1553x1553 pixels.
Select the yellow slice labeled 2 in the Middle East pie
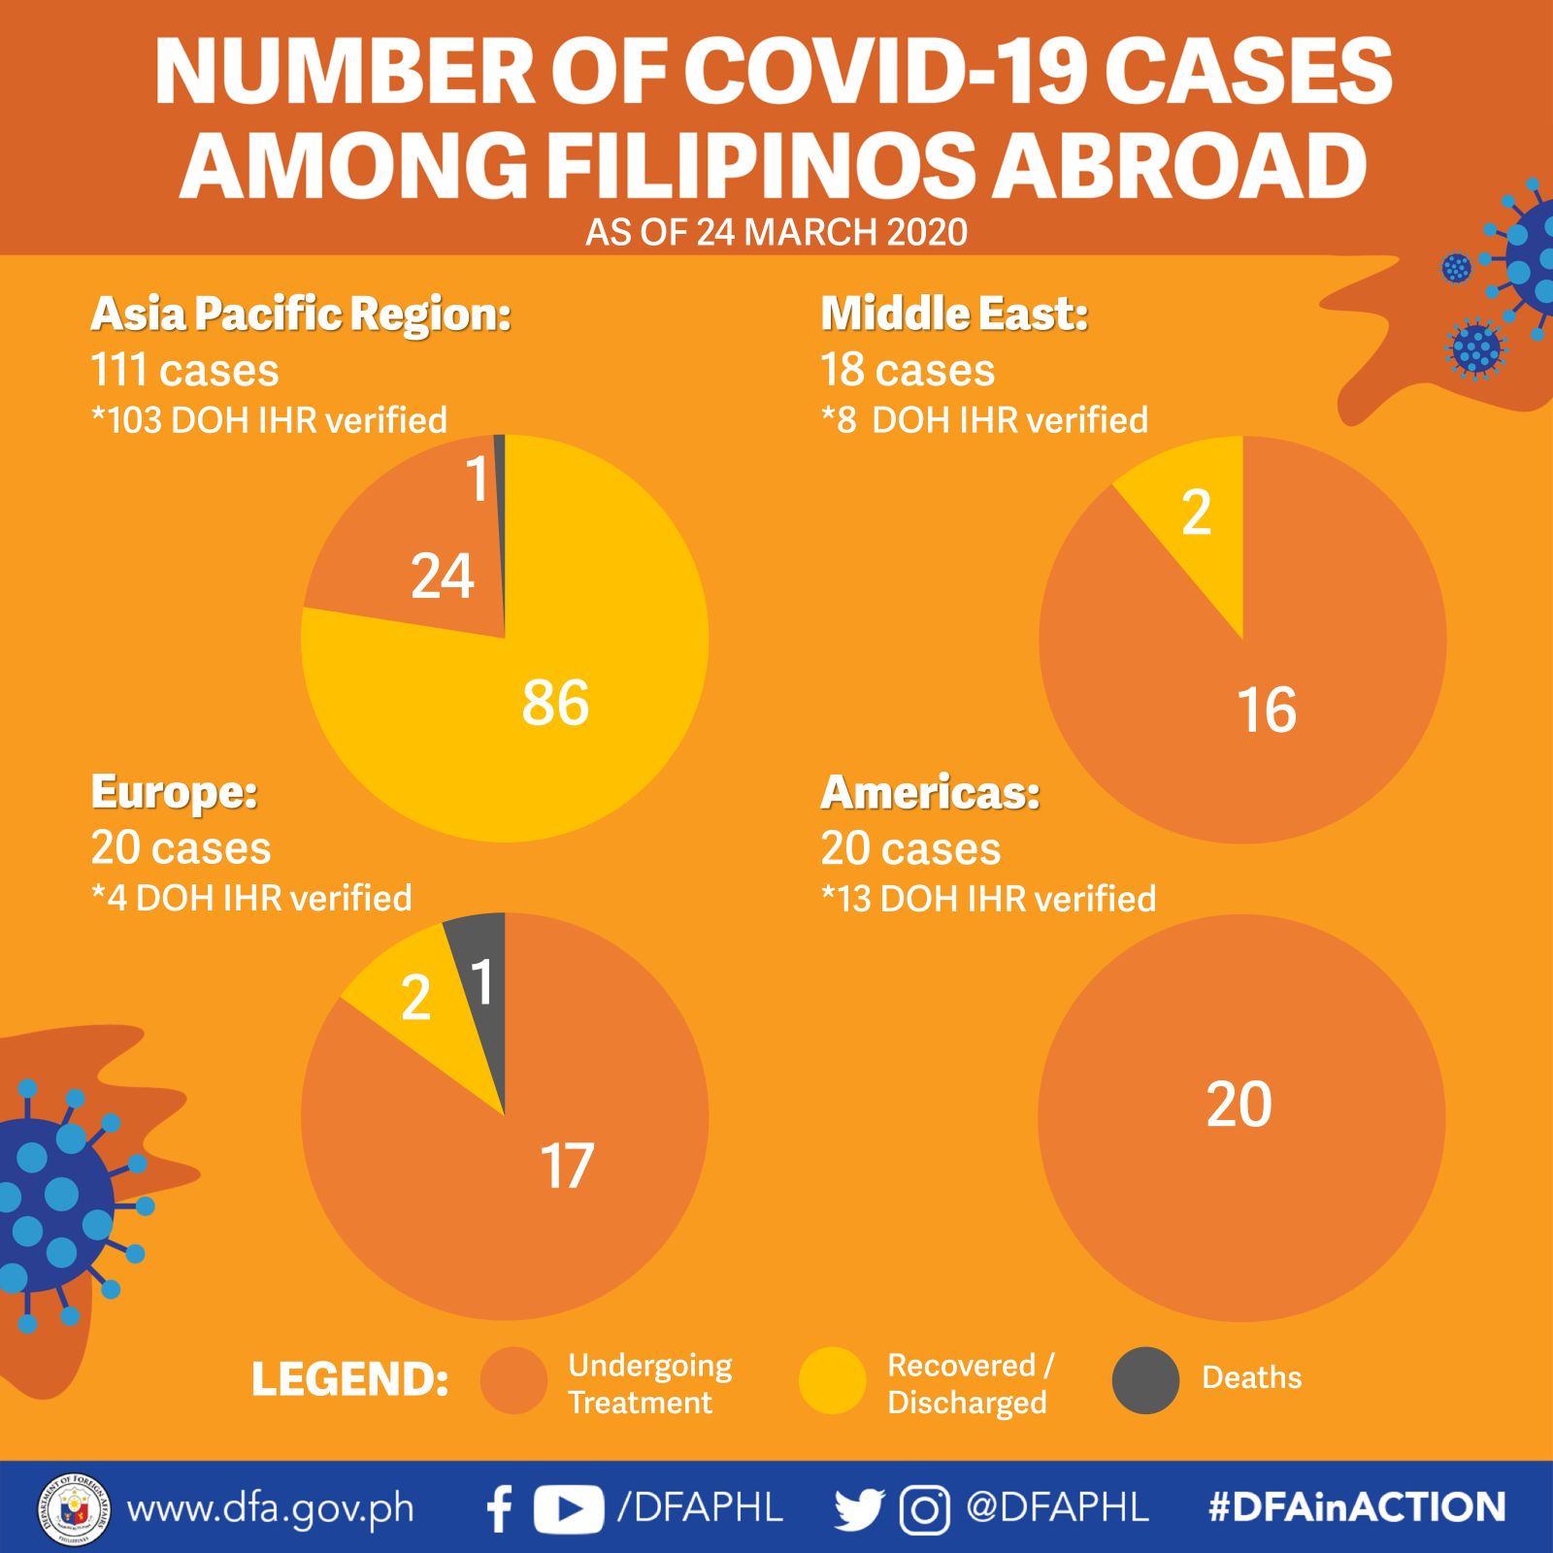coord(1199,524)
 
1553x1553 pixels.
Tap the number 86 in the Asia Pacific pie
coord(555,703)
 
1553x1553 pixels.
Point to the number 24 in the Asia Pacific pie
coord(443,577)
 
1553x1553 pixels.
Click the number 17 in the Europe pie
coord(567,1166)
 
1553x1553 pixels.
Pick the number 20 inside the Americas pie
coord(1239,1105)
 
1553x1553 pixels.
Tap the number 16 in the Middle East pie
coord(1267,710)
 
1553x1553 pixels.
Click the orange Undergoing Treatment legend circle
coord(513,1379)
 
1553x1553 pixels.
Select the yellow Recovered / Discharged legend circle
coord(832,1379)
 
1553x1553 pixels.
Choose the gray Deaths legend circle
coord(1145,1379)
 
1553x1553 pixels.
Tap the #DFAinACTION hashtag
coord(1357,1507)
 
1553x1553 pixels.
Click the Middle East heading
coord(954,314)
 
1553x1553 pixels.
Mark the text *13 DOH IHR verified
coord(988,899)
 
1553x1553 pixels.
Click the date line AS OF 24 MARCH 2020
coord(776,233)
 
